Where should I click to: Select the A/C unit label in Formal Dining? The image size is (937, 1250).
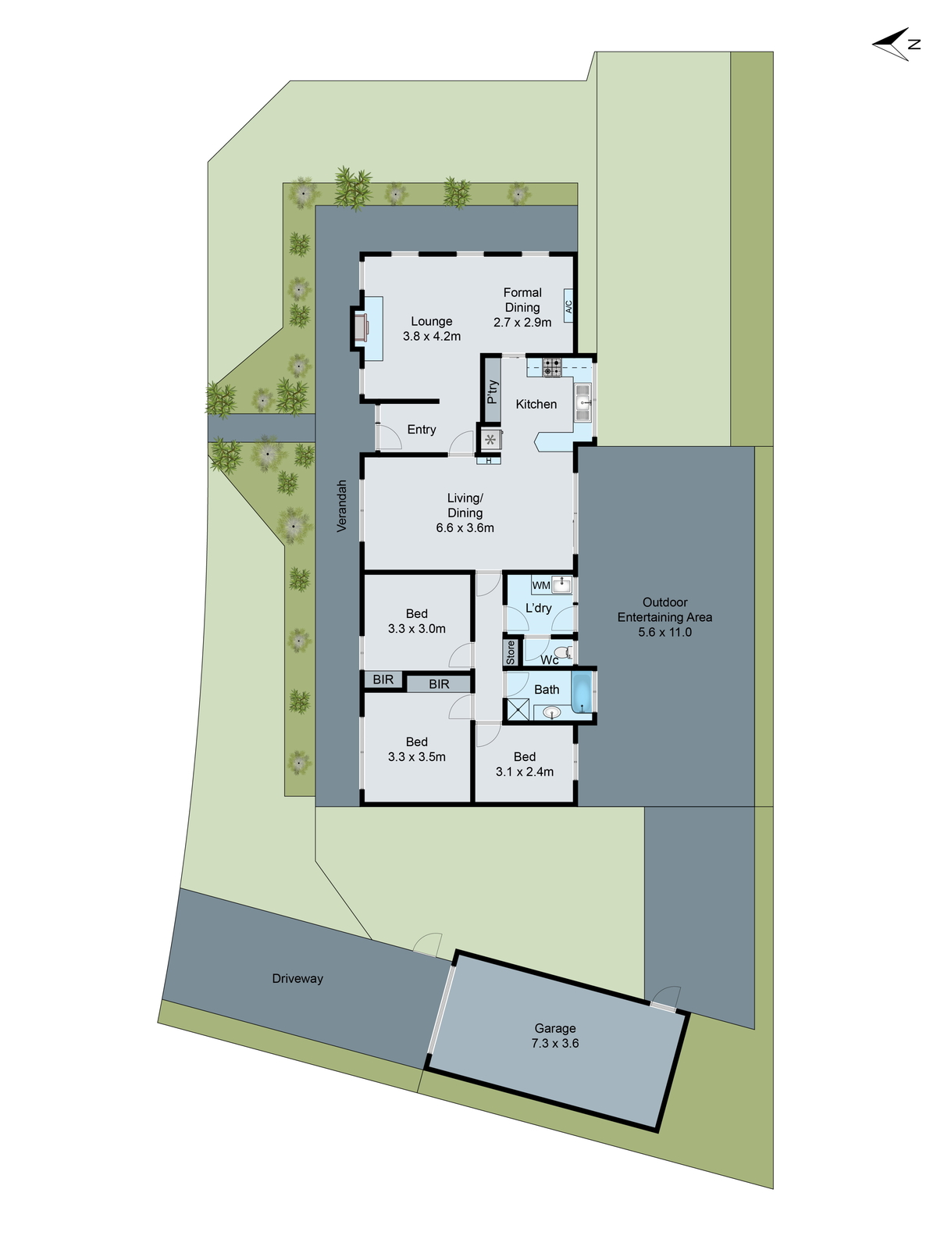(568, 307)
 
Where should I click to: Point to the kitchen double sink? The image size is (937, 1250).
(583, 403)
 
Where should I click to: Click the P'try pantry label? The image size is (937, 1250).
(492, 391)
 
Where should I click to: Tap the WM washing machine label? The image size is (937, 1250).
(540, 585)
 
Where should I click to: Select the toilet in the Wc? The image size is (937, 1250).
(562, 652)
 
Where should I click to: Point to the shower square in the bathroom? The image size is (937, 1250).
(518, 710)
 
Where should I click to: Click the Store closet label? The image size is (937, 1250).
(511, 652)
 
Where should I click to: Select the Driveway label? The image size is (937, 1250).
(297, 979)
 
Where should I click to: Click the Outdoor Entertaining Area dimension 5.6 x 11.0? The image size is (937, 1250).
(664, 632)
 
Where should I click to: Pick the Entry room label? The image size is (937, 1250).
(422, 430)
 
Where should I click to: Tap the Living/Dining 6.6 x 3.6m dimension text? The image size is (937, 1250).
(465, 527)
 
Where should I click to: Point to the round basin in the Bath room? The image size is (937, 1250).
(552, 712)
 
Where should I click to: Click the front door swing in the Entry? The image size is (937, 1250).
(388, 437)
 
